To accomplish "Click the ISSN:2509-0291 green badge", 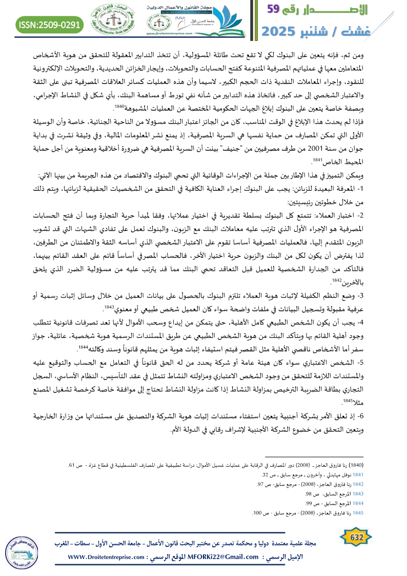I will tap(50, 24).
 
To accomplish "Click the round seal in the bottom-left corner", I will tap(20, 551).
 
